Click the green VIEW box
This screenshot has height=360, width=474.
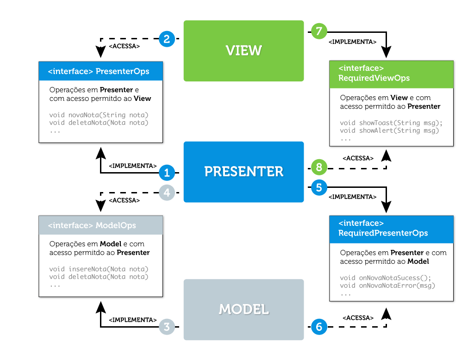click(x=243, y=50)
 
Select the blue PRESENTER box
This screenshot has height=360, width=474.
click(x=243, y=172)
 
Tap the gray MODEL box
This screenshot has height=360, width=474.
click(x=243, y=309)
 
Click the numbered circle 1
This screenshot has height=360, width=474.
click(x=167, y=173)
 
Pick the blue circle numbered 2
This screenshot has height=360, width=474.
click(x=167, y=38)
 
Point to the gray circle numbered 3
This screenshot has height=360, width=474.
click(x=167, y=327)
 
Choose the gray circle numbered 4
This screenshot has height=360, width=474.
click(x=167, y=192)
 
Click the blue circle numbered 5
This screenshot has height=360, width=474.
click(x=318, y=187)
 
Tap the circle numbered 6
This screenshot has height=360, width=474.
click(x=318, y=327)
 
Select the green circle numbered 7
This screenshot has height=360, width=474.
click(x=318, y=31)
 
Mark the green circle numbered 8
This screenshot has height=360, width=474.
click(x=318, y=167)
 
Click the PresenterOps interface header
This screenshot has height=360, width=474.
click(x=100, y=72)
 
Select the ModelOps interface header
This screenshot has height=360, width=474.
click(x=100, y=225)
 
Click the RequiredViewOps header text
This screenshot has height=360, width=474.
click(x=374, y=78)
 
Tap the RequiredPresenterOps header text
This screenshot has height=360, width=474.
click(x=383, y=233)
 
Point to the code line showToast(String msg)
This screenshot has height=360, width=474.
click(x=391, y=123)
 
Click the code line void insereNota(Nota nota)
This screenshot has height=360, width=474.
click(x=99, y=269)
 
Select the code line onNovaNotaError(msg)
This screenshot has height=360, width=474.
click(x=387, y=286)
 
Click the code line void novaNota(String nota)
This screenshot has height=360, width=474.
click(x=99, y=115)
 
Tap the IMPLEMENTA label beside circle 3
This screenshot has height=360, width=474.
click(x=132, y=320)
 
